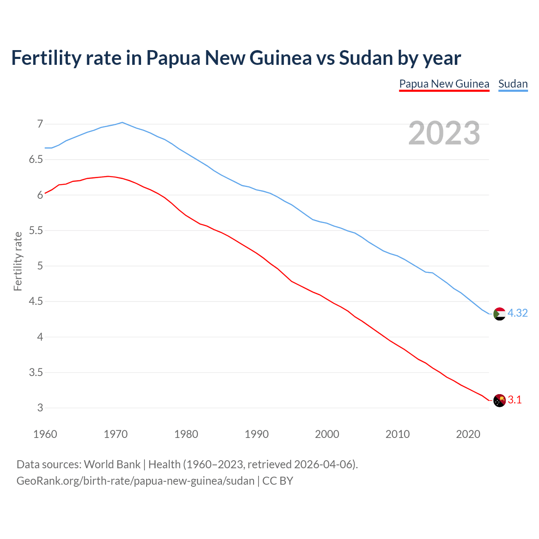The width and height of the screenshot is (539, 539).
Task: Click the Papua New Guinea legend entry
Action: pyautogui.click(x=444, y=84)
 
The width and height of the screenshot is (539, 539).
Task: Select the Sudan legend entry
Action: pyautogui.click(x=512, y=84)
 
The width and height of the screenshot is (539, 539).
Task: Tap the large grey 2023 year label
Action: pyautogui.click(x=444, y=133)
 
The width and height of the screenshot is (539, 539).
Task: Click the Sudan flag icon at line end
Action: pyautogui.click(x=499, y=314)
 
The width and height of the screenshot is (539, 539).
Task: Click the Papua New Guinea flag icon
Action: pyautogui.click(x=499, y=400)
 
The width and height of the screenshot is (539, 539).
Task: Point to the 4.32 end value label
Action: pyautogui.click(x=518, y=313)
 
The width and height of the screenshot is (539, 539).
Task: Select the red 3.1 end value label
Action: pyautogui.click(x=515, y=400)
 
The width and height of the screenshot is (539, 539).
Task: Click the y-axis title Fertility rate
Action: pyautogui.click(x=18, y=261)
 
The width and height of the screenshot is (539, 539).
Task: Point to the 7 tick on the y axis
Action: pyautogui.click(x=40, y=124)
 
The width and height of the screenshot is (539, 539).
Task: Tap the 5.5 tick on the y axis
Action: pyautogui.click(x=36, y=231)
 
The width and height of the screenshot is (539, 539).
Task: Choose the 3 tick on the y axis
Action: pyautogui.click(x=40, y=408)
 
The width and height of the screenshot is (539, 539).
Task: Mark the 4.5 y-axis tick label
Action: pyautogui.click(x=36, y=302)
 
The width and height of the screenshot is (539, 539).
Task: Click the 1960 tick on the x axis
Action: pyautogui.click(x=45, y=434)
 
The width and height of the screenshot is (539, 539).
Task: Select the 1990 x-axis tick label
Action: pyautogui.click(x=256, y=434)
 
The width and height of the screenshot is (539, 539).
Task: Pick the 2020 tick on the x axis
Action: pyautogui.click(x=468, y=434)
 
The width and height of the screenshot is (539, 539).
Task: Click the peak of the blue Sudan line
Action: pyautogui.click(x=122, y=123)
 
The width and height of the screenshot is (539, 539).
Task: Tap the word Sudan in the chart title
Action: pyautogui.click(x=366, y=58)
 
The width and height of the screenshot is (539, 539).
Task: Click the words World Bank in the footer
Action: pyautogui.click(x=112, y=464)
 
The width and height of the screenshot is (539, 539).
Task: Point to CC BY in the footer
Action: pyautogui.click(x=278, y=481)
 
